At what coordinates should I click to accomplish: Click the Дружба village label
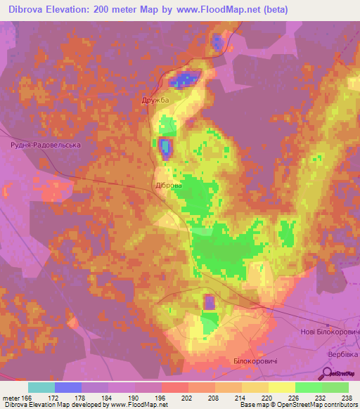156,100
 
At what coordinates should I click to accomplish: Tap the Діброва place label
168,186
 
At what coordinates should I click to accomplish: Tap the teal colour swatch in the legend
41,387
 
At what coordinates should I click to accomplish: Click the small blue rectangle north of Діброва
166,147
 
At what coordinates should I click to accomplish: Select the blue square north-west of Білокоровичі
210,302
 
